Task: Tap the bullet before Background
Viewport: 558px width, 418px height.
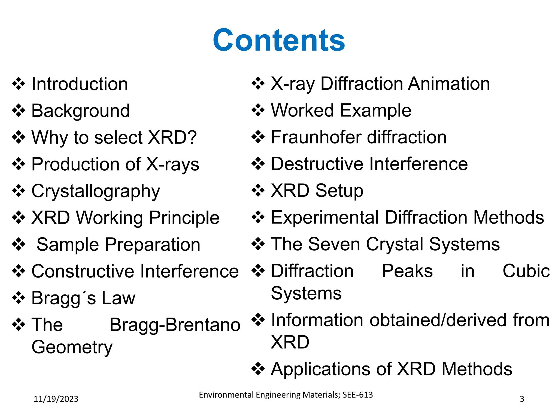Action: tap(19, 111)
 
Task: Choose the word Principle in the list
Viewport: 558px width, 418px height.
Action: tap(184, 218)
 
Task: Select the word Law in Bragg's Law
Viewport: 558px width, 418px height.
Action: tap(118, 298)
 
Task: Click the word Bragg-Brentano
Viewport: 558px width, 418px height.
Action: tap(175, 325)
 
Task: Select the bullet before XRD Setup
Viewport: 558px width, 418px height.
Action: tap(258, 190)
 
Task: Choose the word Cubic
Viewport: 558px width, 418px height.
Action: tap(526, 271)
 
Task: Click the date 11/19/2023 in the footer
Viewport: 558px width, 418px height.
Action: tap(56, 399)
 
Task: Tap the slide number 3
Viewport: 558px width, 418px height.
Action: tap(522, 399)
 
